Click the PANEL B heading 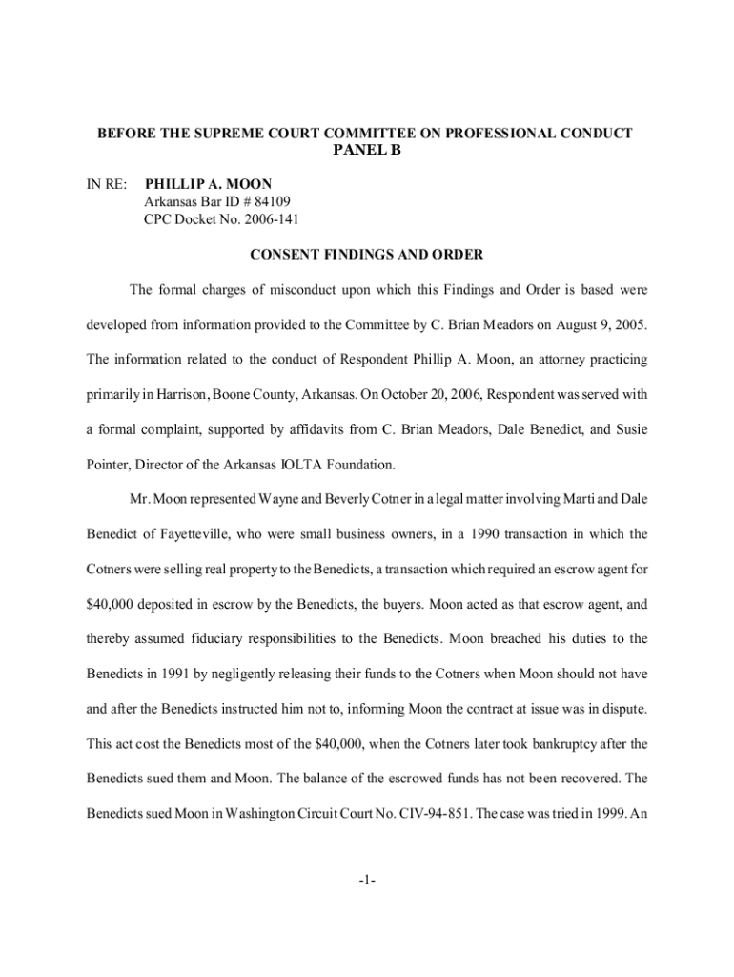(x=366, y=152)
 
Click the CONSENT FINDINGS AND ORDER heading (x=366, y=256)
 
